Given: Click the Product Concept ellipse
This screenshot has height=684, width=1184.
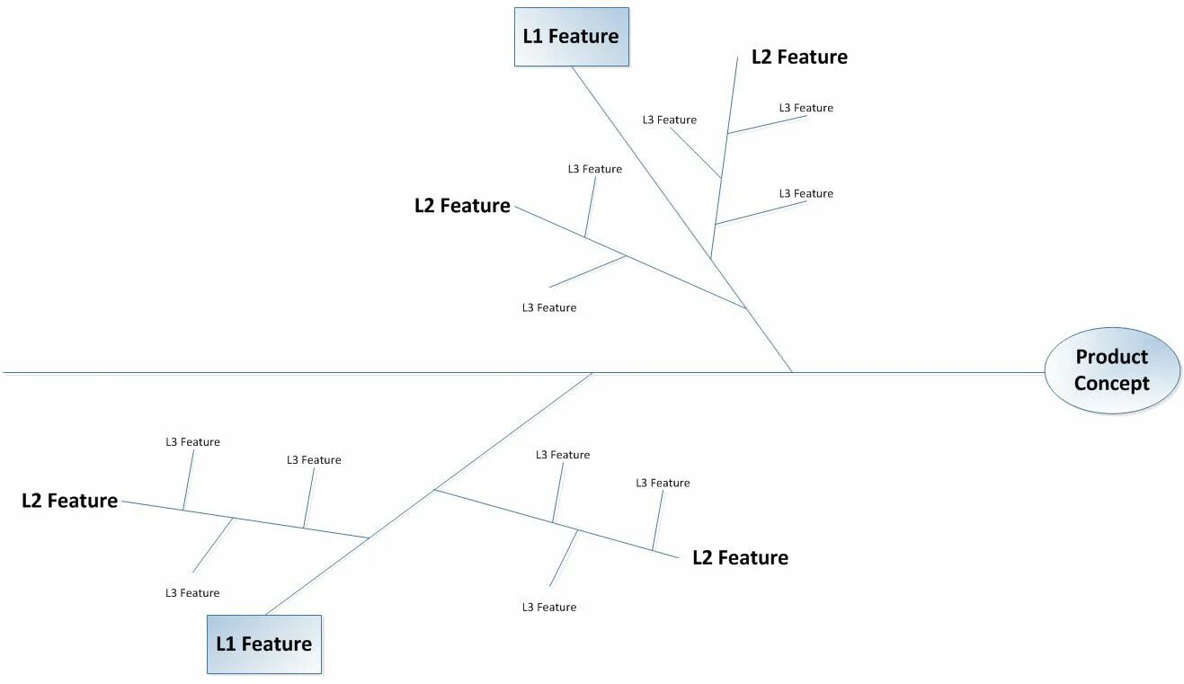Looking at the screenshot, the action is click(x=1112, y=370).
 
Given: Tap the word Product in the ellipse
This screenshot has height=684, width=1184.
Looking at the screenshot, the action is click(x=1112, y=357).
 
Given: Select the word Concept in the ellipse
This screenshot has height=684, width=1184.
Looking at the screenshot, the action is click(x=1112, y=384).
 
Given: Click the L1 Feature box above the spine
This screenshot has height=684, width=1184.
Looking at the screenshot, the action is click(x=572, y=37).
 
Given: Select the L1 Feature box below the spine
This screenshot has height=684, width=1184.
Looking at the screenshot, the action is click(x=264, y=644).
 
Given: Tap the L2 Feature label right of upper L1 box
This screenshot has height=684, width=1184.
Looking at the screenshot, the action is click(x=799, y=57).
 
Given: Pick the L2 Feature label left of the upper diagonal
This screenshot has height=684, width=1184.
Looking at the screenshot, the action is click(x=462, y=206).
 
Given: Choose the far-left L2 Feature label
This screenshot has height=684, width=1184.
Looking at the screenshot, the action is click(x=70, y=501).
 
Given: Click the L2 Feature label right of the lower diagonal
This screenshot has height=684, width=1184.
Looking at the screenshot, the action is click(x=740, y=557).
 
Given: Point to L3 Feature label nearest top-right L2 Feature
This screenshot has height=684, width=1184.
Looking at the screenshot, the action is click(x=806, y=108).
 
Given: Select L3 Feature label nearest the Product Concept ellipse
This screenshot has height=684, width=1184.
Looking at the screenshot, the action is click(x=806, y=193).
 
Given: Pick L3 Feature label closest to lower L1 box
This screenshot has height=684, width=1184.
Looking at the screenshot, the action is click(x=192, y=592).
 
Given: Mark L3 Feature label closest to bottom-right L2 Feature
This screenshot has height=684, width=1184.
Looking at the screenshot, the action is click(x=663, y=483).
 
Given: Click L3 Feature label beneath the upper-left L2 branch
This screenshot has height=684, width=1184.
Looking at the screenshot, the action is click(x=548, y=307).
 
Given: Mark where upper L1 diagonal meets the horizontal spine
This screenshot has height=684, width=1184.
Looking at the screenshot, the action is click(x=792, y=371).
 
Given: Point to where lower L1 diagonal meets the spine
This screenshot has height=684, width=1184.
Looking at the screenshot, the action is click(x=592, y=372).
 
